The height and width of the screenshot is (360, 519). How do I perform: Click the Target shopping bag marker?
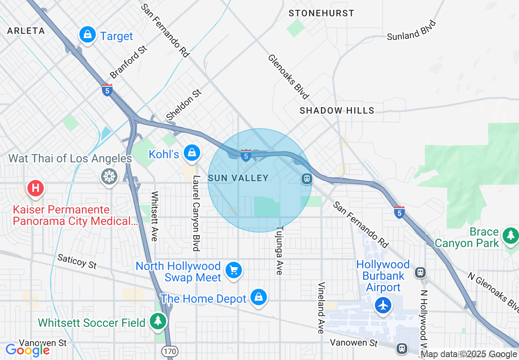pyautogui.click(x=88, y=35)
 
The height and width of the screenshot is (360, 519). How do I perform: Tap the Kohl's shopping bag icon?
pyautogui.click(x=192, y=153)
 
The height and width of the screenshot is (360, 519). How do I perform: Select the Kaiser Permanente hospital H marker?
pyautogui.click(x=36, y=188)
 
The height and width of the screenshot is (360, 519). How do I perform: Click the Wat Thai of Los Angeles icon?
pyautogui.click(x=109, y=177)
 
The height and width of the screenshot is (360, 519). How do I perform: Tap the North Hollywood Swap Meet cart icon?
pyautogui.click(x=234, y=270)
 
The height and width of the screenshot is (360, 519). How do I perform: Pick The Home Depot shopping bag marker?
pyautogui.click(x=259, y=297)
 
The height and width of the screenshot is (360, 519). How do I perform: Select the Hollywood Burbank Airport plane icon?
pyautogui.click(x=383, y=305)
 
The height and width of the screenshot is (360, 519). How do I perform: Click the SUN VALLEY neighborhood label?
pyautogui.click(x=238, y=178)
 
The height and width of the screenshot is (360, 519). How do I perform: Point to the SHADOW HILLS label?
pyautogui.click(x=337, y=110)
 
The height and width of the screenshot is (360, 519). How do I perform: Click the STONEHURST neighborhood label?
pyautogui.click(x=321, y=13)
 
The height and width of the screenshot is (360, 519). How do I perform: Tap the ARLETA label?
pyautogui.click(x=26, y=31)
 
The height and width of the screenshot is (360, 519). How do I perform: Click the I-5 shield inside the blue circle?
pyautogui.click(x=246, y=155)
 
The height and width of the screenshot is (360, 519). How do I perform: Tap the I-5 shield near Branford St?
pyautogui.click(x=107, y=90)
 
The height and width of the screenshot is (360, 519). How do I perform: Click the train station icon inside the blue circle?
pyautogui.click(x=307, y=179)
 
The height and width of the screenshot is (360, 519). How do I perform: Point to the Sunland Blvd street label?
pyautogui.click(x=411, y=30)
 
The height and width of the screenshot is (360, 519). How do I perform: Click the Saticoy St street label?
pyautogui.click(x=77, y=261)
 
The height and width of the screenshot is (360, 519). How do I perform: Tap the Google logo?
pyautogui.click(x=27, y=350)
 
